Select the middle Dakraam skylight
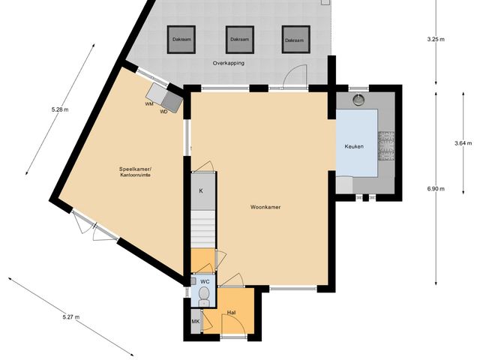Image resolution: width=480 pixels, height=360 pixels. coord(240,40)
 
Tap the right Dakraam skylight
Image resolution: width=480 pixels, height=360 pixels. coord(295,40)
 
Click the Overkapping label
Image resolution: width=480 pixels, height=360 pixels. coord(229,63)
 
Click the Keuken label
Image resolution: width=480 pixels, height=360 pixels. coord(354,146)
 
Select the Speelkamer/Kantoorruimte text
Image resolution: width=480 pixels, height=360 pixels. coord(135,174)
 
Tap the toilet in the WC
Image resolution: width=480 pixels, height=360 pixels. coord(203,293)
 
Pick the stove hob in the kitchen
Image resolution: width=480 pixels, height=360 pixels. coord(387,145)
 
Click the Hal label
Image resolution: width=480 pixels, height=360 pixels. coord(232,311)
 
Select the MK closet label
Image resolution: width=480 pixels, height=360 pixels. coord(196,322)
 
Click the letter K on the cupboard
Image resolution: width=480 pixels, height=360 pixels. coord(201,190)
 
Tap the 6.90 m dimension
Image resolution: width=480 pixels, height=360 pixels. coord(436,189)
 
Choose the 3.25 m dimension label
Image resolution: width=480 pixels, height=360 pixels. coord(436,38)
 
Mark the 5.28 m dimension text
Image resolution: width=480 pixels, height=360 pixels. coord(59,109)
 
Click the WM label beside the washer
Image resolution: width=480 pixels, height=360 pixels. coord(149,104)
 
